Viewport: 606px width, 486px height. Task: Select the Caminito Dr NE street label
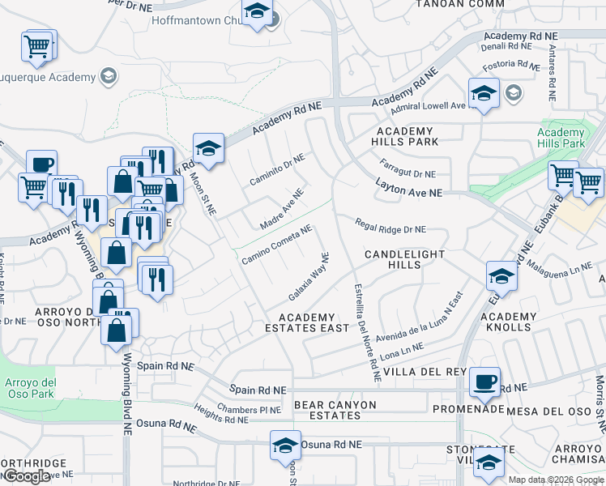[x=277, y=170]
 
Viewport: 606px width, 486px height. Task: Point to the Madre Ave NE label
[x=281, y=208]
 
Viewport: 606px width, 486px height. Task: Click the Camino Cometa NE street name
[x=277, y=244]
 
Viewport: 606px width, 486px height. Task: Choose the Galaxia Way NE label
[x=309, y=276]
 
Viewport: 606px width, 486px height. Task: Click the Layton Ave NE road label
[x=410, y=189]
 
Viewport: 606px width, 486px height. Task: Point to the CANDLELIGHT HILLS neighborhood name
[x=404, y=259]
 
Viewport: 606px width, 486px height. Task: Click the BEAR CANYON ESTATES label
[x=326, y=410]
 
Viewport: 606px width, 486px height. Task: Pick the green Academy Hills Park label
[x=561, y=138]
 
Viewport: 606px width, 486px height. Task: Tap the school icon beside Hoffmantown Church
[x=257, y=13]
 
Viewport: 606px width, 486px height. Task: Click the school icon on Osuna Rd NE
[x=284, y=446]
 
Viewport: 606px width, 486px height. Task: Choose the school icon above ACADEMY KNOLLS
[x=501, y=276]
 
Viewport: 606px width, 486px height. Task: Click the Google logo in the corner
[x=27, y=475]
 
